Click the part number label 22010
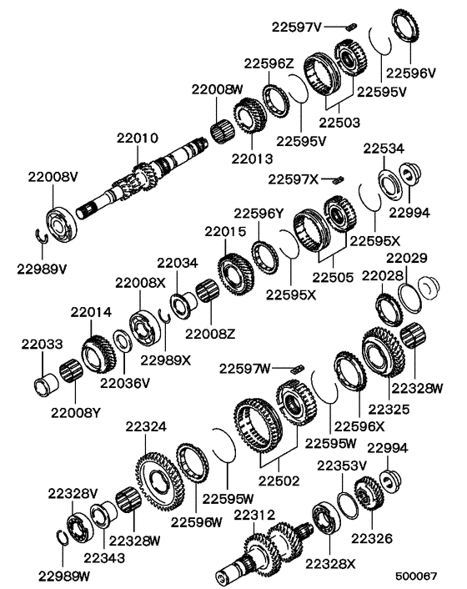pyautogui.click(x=137, y=138)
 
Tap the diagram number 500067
pyautogui.click(x=416, y=576)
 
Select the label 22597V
pyautogui.click(x=297, y=27)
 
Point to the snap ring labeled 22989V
pyautogui.click(x=42, y=237)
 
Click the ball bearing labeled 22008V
pyautogui.click(x=62, y=224)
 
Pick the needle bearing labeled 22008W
pyautogui.click(x=222, y=132)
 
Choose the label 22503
pyautogui.click(x=339, y=123)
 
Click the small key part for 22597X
pyautogui.click(x=338, y=180)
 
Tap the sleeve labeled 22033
pyautogui.click(x=45, y=384)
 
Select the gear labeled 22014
pyautogui.click(x=98, y=355)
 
